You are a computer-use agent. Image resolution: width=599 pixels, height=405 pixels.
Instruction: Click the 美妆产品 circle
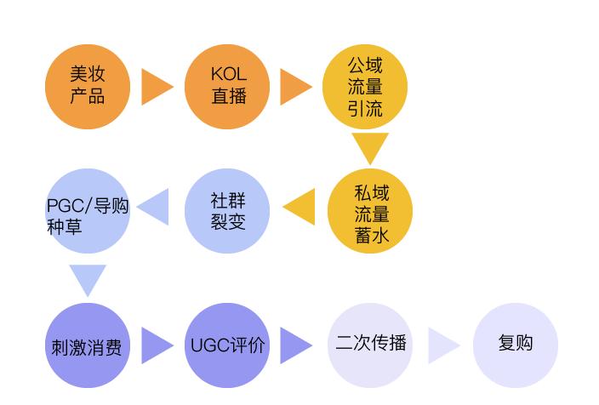pos(87,86)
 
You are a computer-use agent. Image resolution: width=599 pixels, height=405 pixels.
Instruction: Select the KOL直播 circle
pos(227,86)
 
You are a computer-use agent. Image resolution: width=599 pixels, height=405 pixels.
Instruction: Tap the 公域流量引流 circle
pos(365,86)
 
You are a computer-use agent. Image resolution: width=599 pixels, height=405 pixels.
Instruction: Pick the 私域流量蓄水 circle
pos(370,213)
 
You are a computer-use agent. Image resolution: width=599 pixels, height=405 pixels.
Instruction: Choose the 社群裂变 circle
pos(227,211)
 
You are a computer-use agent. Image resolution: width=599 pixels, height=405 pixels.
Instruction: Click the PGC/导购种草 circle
pos(87,211)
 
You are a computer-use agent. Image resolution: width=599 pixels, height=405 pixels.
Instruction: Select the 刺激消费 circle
pos(87,345)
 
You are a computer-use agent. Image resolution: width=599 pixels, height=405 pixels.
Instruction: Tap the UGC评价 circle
pos(227,345)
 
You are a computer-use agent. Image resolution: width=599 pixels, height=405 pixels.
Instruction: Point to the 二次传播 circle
pos(370,345)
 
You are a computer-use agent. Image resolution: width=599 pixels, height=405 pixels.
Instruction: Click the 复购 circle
pos(515,345)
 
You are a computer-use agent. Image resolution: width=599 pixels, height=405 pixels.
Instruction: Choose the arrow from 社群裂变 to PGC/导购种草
pos(155,208)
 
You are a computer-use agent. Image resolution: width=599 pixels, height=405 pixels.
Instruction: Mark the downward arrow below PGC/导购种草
pos(87,278)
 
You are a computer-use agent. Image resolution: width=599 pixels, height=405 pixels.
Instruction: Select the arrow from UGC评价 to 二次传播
pos(295,345)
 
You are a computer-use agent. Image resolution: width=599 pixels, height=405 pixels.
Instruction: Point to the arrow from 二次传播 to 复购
pos(442,345)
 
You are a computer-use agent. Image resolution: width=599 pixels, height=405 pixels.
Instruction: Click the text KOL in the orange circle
pos(227,75)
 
